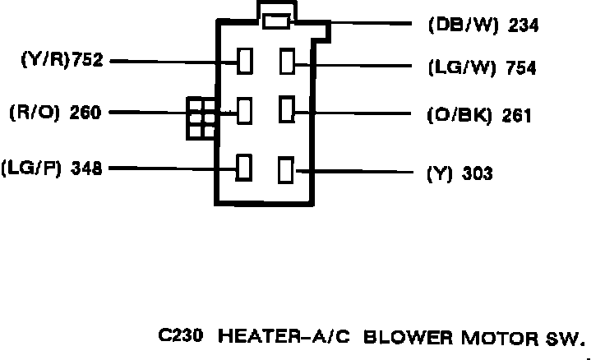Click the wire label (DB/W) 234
coord(483,25)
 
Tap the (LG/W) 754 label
coord(482,69)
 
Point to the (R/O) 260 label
coord(55,112)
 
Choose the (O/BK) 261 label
coord(478,115)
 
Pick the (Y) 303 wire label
coord(460,173)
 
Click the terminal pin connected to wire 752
coord(244,62)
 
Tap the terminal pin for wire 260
coord(244,110)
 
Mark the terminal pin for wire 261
coord(287,109)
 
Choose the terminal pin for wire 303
coord(286,170)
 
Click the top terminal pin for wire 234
coord(275,22)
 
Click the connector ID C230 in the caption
coord(178,337)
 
